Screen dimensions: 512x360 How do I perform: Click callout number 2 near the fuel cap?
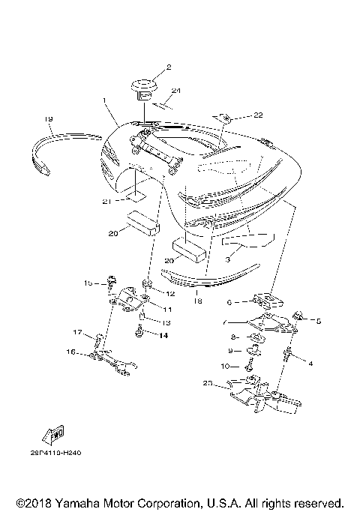(x=169, y=67)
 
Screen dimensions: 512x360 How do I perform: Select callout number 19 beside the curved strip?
(x=48, y=118)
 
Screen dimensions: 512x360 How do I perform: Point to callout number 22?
(x=258, y=115)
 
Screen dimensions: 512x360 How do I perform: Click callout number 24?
(x=176, y=91)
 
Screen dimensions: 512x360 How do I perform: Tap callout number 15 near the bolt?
(x=88, y=283)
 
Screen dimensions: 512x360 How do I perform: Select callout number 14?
(x=164, y=334)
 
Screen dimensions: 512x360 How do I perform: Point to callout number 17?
(x=77, y=333)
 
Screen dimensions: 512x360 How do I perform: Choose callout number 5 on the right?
(x=318, y=321)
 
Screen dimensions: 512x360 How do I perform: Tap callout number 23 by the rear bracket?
(x=208, y=384)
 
